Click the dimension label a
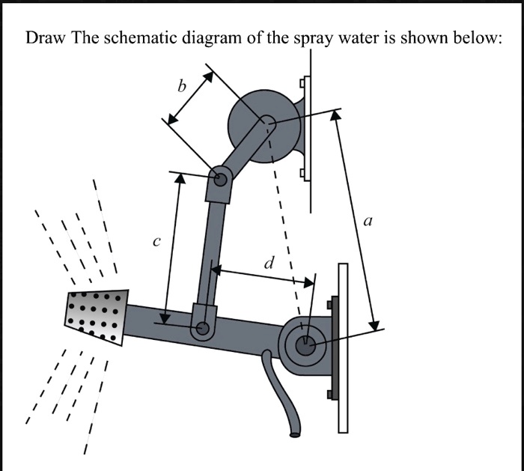coord(367,221)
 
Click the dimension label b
coord(180,87)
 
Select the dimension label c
coord(156,242)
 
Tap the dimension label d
coord(269,263)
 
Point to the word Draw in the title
coord(46,38)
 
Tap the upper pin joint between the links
coord(221,179)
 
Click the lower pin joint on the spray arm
coord(201,327)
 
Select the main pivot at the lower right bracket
coord(305,345)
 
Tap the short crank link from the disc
coord(243,150)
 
